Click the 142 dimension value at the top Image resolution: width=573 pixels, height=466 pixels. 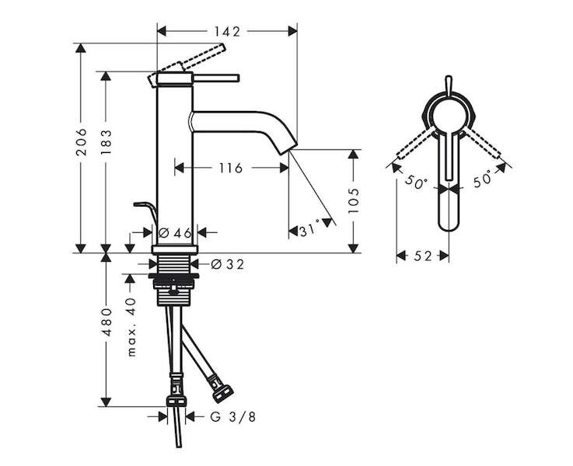pos(227,32)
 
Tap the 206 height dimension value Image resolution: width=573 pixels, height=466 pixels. pos(81,142)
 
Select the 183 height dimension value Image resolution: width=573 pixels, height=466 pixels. pos(106,142)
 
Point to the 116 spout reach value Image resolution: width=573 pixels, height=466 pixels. pos(231,169)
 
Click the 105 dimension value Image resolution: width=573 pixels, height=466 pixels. pos(354,201)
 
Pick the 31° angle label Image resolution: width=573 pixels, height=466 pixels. pos(309,231)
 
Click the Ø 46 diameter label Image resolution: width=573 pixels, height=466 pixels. pos(176,232)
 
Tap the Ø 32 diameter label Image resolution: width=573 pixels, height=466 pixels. pos(227,264)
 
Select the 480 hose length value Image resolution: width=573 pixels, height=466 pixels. pos(106,322)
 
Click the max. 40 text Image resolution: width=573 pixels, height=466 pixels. pos(131,327)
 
